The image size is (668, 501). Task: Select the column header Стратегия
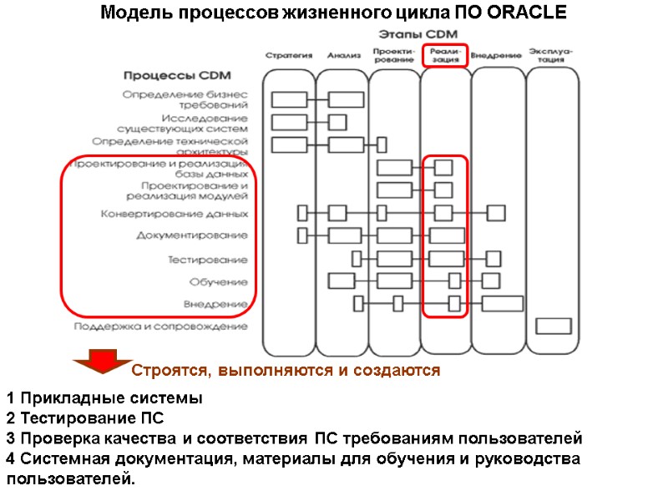(x=289, y=56)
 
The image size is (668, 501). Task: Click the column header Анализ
(x=344, y=56)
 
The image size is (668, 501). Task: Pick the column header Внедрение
(x=496, y=56)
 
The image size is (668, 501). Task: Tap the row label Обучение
(x=218, y=281)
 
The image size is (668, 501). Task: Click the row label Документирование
(x=192, y=235)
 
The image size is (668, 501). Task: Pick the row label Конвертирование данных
(x=174, y=214)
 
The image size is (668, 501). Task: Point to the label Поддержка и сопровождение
(x=160, y=326)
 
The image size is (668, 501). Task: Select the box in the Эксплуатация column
(x=553, y=326)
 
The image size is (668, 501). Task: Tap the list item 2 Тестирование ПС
(x=84, y=417)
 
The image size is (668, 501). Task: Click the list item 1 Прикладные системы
(x=104, y=397)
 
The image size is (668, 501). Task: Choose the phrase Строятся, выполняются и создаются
(x=286, y=370)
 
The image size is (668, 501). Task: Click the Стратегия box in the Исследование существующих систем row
(x=289, y=122)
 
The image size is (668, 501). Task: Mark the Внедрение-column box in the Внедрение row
(x=503, y=303)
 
